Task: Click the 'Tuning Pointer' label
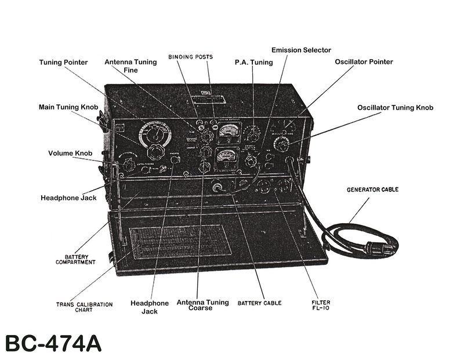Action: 63,62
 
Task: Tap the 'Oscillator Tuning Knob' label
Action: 395,107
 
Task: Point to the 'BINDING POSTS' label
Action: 191,57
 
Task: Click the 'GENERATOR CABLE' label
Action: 372,190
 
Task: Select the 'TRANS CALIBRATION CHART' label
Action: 84,307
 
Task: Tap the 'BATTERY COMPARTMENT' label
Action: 75,259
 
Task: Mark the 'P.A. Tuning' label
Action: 253,62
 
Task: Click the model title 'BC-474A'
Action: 53,343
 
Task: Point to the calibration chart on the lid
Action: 180,242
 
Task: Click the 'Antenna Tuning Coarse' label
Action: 194,305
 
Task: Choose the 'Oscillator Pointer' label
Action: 364,61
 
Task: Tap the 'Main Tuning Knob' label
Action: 68,107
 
